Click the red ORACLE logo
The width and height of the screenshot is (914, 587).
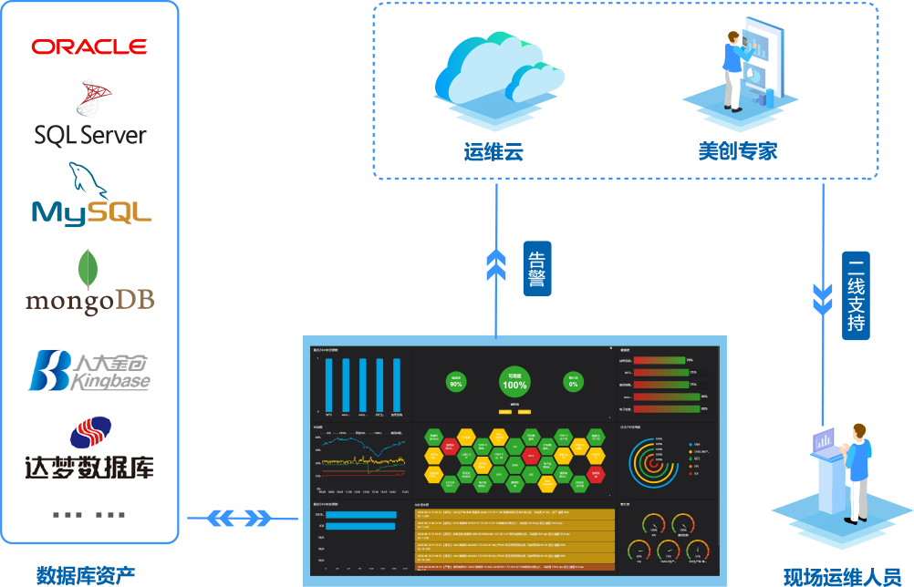pos(89,46)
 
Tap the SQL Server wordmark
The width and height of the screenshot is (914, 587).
pos(90,136)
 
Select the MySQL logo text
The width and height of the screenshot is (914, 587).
pos(91,211)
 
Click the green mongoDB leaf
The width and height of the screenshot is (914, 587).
pos(88,270)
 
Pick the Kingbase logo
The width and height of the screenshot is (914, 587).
pos(89,371)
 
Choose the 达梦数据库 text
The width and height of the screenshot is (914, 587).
pos(89,465)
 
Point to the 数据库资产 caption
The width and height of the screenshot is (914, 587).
pos(86,574)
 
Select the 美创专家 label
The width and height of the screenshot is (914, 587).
pos(738,151)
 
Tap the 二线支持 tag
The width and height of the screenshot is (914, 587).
pos(856,296)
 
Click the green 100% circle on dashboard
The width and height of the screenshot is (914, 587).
pos(514,383)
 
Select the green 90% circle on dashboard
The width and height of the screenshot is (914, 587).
pos(456,383)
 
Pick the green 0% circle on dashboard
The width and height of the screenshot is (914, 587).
pos(574,382)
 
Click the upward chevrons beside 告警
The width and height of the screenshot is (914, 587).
pos(496,263)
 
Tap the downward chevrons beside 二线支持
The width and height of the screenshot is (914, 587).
pos(824,295)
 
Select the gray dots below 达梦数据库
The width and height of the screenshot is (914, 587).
pos(88,515)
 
